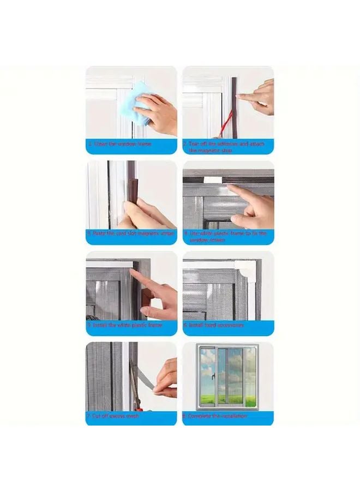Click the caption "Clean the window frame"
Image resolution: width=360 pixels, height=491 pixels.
(x=121, y=144)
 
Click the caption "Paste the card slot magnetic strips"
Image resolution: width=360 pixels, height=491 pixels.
(x=131, y=233)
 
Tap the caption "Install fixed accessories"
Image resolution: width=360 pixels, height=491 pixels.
(x=217, y=325)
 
